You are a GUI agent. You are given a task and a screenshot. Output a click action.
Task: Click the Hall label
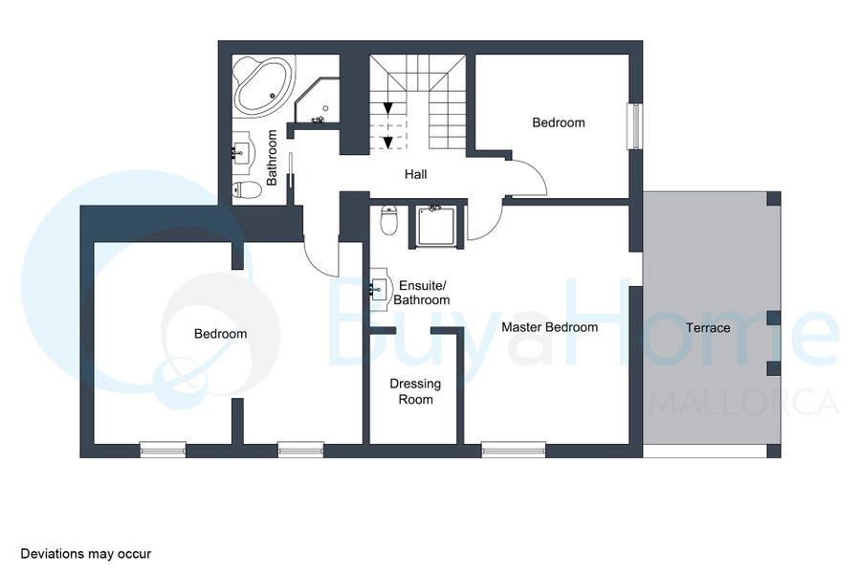tap(416, 175)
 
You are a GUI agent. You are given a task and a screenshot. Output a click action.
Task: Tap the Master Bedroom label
tap(550, 327)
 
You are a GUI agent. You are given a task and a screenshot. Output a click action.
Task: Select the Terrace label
tap(708, 328)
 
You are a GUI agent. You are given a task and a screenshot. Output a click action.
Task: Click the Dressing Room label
tap(415, 391)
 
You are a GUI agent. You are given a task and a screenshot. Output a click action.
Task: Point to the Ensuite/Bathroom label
tap(421, 293)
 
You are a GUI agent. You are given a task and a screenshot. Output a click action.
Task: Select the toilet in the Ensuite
tap(389, 220)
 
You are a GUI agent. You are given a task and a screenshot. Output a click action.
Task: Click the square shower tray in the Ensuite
tap(436, 226)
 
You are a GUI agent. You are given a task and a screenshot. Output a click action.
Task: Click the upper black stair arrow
tap(387, 108)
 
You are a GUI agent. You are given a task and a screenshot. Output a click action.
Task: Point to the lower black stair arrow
tap(387, 143)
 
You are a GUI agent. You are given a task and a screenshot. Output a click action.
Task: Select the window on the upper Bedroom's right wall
tap(635, 125)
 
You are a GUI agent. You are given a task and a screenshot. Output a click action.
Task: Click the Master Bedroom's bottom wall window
tap(514, 450)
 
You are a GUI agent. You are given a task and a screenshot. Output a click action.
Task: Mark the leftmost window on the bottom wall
tap(163, 450)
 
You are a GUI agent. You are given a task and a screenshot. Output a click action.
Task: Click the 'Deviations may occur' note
tap(86, 554)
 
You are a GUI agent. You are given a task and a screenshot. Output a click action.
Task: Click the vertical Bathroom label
tap(272, 158)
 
